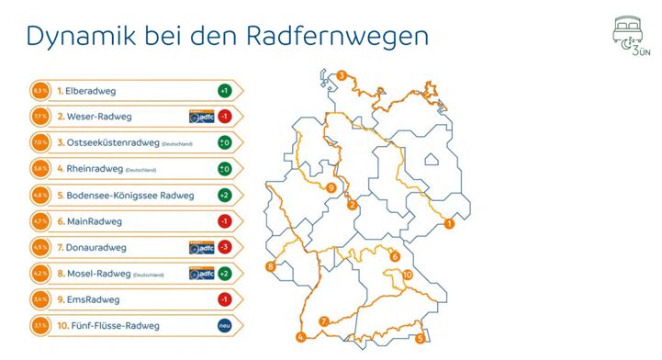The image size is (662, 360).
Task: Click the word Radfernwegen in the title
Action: (339, 36)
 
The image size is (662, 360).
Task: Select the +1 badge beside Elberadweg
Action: (224, 91)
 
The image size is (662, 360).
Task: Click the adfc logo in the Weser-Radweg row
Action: (201, 117)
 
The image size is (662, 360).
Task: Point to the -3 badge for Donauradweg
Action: (224, 248)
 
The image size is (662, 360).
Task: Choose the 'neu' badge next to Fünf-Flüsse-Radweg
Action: (224, 326)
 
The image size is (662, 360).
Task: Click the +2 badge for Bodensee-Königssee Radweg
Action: (224, 196)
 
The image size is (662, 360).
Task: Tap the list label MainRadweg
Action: (89, 221)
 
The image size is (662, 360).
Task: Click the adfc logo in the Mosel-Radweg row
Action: (201, 274)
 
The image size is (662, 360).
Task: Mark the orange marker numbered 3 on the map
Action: (341, 75)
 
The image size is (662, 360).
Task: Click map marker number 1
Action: (450, 223)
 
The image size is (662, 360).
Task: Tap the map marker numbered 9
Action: (330, 188)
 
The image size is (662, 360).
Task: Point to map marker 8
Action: (270, 267)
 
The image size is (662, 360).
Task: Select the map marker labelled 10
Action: (407, 275)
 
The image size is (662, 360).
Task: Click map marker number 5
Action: (420, 338)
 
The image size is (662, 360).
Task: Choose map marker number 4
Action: (300, 337)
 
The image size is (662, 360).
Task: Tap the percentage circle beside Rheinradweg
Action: (39, 169)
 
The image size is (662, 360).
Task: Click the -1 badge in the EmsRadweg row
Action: (224, 300)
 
